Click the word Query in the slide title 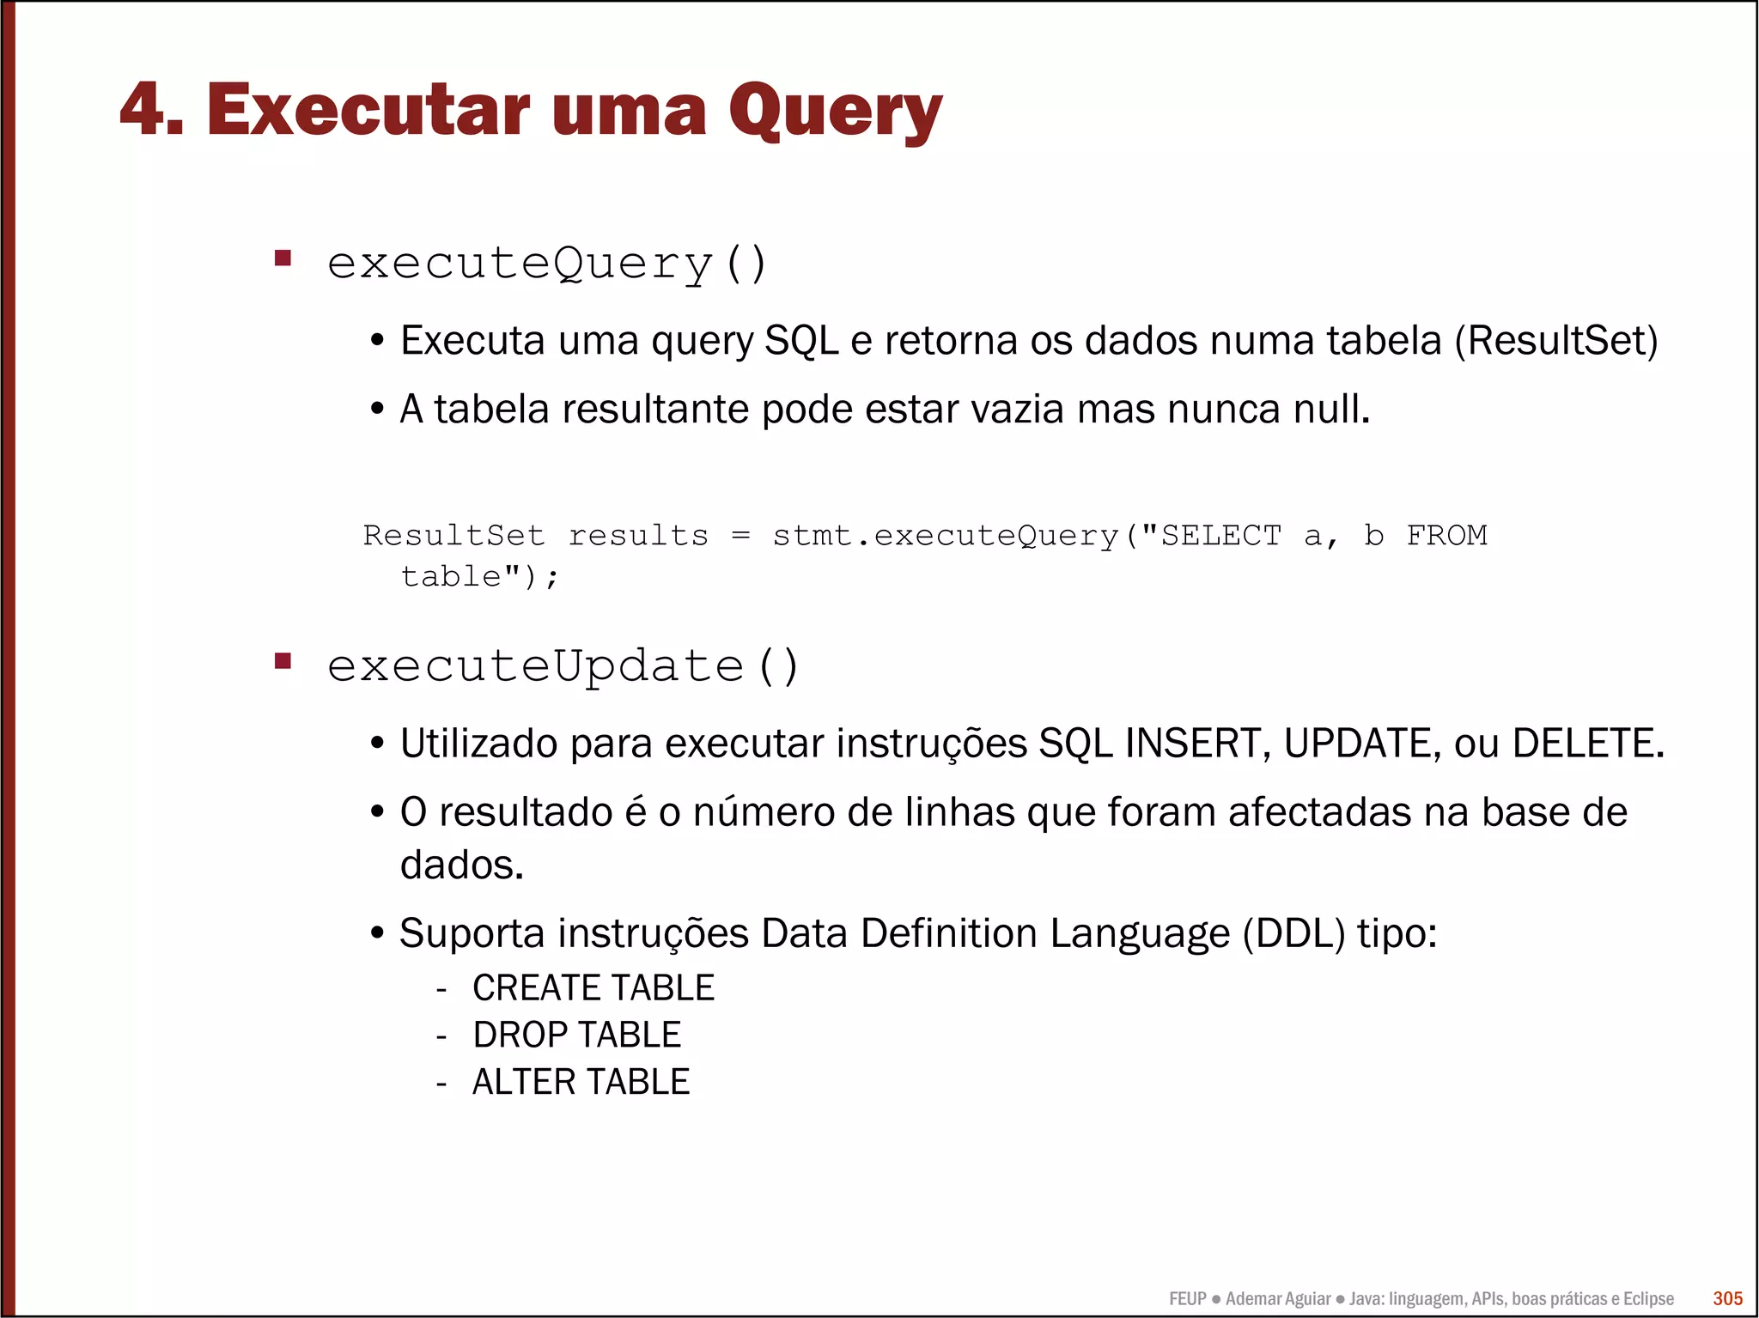[835, 112]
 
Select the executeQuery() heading [546, 263]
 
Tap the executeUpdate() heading [563, 665]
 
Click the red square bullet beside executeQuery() [283, 258]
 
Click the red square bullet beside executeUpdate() [283, 661]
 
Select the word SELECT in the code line [1220, 535]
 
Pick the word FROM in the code [1446, 535]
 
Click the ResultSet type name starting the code [453, 535]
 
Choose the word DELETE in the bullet [1583, 743]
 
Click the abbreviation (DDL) [1293, 933]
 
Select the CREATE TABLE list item [593, 987]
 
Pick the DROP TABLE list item [576, 1035]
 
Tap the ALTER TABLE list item [581, 1082]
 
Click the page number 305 [1727, 1298]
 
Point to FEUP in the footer [1187, 1299]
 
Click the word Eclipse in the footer [1647, 1299]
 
